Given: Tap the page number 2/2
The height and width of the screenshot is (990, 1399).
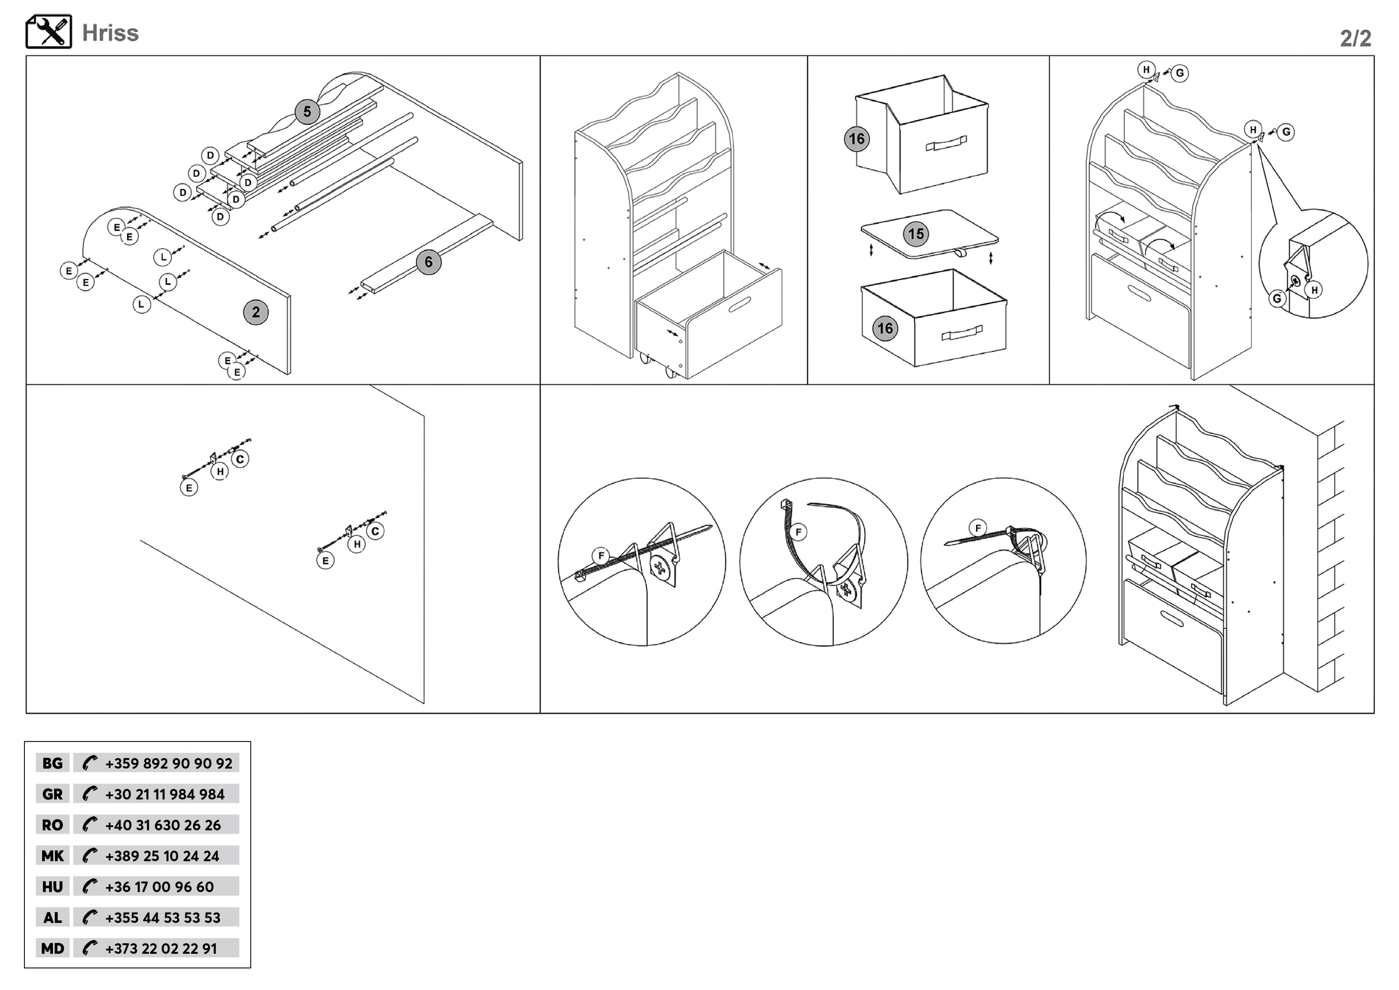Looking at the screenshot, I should pos(1355,38).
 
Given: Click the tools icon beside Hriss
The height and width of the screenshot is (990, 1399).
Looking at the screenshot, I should pos(49,32).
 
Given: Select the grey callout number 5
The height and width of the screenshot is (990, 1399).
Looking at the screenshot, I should pos(307,112).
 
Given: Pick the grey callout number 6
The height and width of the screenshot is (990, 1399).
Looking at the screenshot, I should pos(428,262).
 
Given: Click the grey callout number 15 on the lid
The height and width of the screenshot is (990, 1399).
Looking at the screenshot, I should pos(916,234).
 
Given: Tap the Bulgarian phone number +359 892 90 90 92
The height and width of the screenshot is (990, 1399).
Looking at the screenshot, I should pos(168,763).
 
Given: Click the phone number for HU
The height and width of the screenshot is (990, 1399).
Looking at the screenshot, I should pos(160,887).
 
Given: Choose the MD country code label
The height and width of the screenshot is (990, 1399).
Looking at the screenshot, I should pos(52,948).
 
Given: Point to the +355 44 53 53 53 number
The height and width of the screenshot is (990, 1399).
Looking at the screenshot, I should pos(163,918).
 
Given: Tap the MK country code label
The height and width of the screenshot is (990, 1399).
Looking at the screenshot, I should pos(52,856).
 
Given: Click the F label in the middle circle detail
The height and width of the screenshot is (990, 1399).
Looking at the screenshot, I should pos(798,532).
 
